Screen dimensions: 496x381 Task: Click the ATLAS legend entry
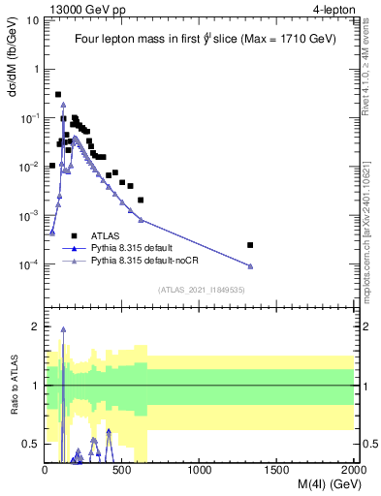[x=105, y=235]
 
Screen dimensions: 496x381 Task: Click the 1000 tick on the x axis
[x=200, y=470]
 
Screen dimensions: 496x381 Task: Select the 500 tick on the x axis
[x=122, y=470]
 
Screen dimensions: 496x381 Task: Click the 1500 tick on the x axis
[x=277, y=470]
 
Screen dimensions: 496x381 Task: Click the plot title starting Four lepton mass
[x=200, y=40]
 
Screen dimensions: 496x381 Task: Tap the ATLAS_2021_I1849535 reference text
[x=200, y=289]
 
